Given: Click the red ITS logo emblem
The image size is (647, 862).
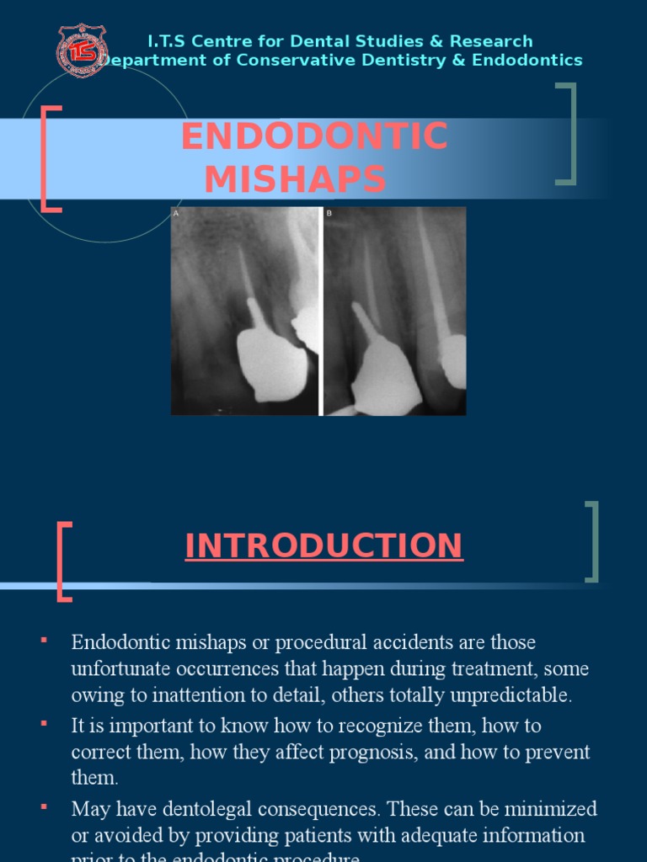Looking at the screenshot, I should (x=82, y=50).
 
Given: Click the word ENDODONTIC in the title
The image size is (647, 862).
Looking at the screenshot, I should (x=314, y=137).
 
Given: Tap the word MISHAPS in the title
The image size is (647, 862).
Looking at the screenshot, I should (x=295, y=179).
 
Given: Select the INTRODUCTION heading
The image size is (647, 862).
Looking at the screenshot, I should (x=323, y=545).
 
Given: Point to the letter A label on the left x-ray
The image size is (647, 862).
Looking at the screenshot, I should (x=176, y=214).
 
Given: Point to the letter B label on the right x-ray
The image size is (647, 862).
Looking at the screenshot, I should (x=329, y=214).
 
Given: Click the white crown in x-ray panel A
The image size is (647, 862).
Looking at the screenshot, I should (x=271, y=363).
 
